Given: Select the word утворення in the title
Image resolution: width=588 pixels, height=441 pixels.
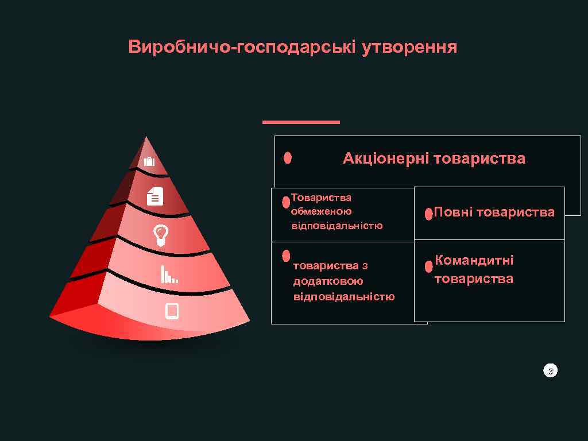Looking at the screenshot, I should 409,47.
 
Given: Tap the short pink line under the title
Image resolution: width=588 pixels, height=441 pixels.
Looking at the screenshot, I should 301,122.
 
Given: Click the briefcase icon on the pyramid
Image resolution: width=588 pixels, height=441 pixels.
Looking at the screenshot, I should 149,161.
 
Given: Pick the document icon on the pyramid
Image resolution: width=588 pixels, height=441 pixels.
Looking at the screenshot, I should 155,196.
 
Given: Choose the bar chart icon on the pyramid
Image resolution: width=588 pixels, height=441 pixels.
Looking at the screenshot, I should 169,274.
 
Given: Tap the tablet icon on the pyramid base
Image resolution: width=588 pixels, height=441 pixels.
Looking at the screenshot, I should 172,311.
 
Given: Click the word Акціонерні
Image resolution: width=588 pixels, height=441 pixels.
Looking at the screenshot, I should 386,158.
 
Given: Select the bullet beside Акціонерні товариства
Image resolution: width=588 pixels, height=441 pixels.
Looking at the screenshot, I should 288,157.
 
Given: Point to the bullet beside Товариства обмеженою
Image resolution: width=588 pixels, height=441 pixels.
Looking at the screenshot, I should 286,203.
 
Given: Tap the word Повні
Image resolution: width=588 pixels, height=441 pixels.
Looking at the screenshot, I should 452,212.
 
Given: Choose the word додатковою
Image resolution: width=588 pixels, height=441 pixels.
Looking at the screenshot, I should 328,281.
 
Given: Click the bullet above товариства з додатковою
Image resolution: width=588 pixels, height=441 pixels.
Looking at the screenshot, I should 286,255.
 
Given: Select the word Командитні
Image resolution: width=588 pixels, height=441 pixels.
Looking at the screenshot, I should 474,261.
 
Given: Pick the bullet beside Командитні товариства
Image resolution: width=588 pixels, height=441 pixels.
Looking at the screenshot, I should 428,267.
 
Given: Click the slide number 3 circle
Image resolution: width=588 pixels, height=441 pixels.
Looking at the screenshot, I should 550,372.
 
